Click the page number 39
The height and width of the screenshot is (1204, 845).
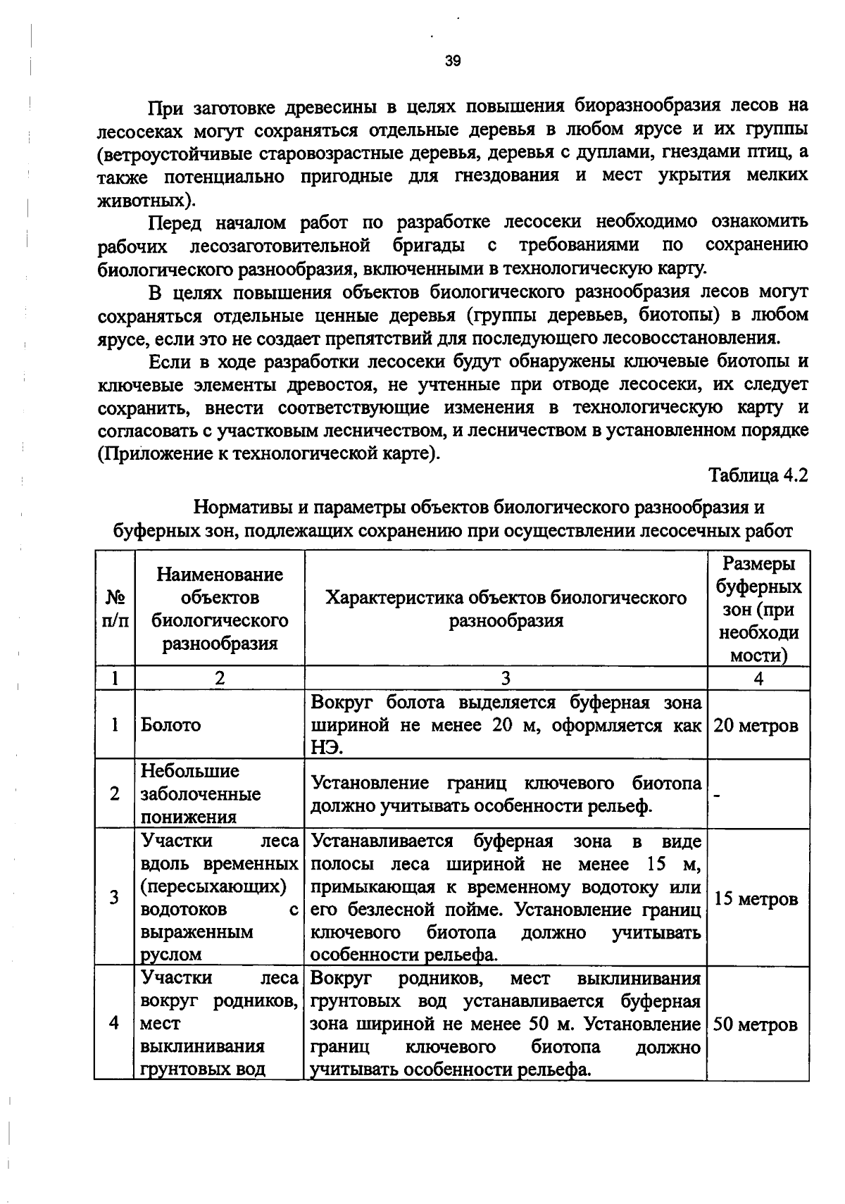click(453, 61)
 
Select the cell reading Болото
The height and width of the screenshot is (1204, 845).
click(170, 725)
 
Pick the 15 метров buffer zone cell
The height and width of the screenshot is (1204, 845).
click(756, 899)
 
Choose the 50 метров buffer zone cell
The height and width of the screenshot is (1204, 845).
click(756, 1024)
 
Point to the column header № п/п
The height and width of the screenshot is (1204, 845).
click(115, 609)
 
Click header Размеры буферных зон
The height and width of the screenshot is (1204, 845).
click(758, 609)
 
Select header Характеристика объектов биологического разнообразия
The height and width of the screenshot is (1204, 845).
click(506, 609)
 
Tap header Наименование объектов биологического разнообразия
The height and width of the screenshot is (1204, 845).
click(220, 609)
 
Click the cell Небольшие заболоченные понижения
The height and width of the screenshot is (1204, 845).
click(200, 794)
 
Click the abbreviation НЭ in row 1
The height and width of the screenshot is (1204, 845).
click(327, 748)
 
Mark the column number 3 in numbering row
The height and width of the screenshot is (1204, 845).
click(506, 678)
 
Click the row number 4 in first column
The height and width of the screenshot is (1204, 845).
click(115, 1023)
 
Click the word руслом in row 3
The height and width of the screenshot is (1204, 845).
click(171, 955)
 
